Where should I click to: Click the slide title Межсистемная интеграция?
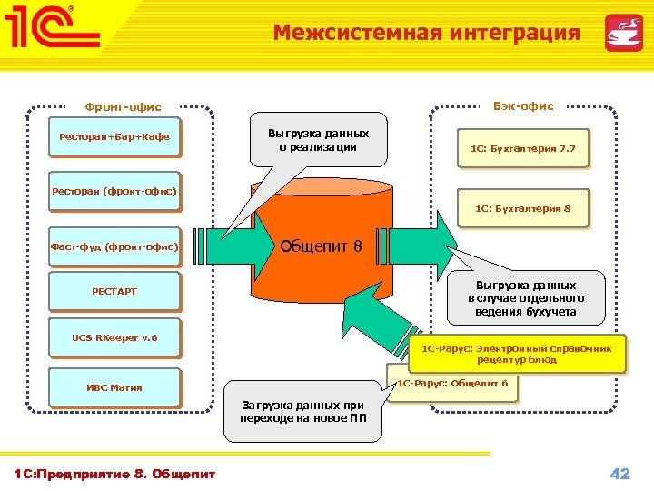(x=426, y=34)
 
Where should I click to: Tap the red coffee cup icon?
(x=623, y=33)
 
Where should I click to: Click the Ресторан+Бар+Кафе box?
(x=114, y=136)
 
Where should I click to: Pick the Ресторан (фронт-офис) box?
(x=114, y=191)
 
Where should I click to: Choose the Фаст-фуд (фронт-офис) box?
(x=114, y=246)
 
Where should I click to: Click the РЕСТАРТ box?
(x=114, y=291)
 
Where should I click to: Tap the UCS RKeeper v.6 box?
(x=114, y=337)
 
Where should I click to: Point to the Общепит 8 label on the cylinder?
(x=321, y=245)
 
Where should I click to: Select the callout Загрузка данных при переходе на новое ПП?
(x=302, y=411)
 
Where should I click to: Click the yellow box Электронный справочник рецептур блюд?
(x=517, y=354)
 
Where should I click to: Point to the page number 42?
(x=619, y=473)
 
